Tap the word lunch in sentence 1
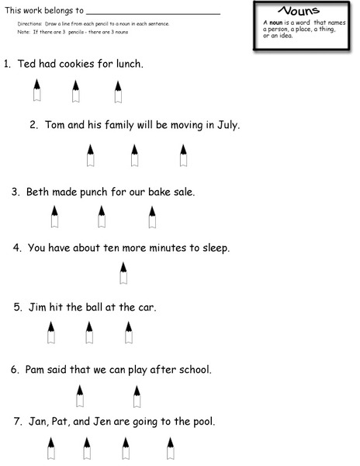tap(128, 63)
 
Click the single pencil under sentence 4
tap(123, 273)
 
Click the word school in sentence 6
tap(194, 369)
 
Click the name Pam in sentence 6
tap(36, 369)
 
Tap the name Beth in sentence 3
tap(38, 191)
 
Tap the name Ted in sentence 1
tap(28, 63)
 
